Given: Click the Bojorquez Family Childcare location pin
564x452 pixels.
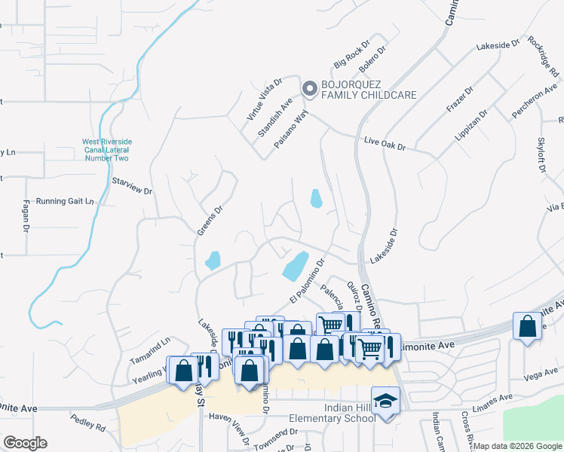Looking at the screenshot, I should click(309, 89).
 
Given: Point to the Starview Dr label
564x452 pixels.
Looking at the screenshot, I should click(132, 186).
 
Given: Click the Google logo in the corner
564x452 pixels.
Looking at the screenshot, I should click(25, 443).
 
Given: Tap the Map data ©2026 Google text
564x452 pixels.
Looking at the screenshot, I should click(518, 446).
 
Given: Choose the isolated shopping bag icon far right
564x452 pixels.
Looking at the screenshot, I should click(527, 327).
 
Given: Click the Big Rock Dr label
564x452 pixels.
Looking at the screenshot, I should click(349, 56).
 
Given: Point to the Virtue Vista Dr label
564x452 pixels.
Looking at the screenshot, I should click(264, 99).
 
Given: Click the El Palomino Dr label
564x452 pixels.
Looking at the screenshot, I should click(306, 283).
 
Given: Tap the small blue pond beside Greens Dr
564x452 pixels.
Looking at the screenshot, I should click(212, 261).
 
